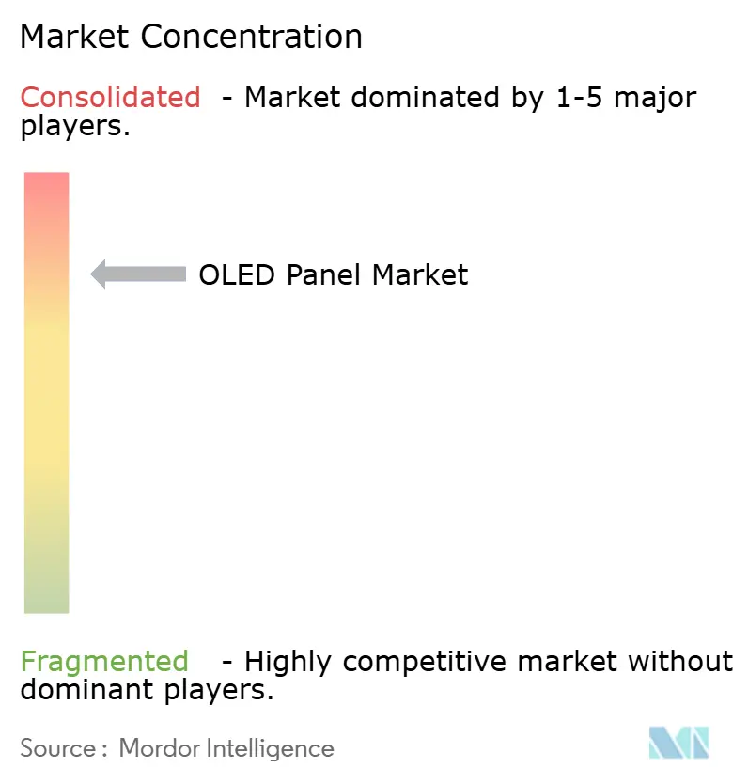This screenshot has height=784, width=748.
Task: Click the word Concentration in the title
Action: (x=254, y=37)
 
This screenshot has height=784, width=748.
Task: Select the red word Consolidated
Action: (x=110, y=97)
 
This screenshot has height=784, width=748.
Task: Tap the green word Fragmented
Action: (x=104, y=661)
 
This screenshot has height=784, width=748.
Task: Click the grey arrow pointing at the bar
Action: (x=138, y=274)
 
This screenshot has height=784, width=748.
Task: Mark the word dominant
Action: (x=78, y=690)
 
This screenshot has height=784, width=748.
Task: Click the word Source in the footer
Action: (x=58, y=748)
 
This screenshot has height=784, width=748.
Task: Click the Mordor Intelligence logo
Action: (x=678, y=743)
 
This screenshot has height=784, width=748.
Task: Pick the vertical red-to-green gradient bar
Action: (x=46, y=392)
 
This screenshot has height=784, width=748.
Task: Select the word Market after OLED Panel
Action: (x=420, y=274)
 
